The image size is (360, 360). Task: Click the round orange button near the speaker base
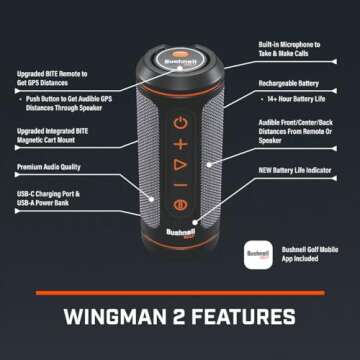pos(180,207)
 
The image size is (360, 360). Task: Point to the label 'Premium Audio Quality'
pos(50,167)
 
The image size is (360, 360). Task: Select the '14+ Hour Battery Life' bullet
pos(298,100)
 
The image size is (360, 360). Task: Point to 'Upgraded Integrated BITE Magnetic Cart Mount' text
pos(53,136)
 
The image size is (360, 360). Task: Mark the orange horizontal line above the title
pos(180,293)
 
